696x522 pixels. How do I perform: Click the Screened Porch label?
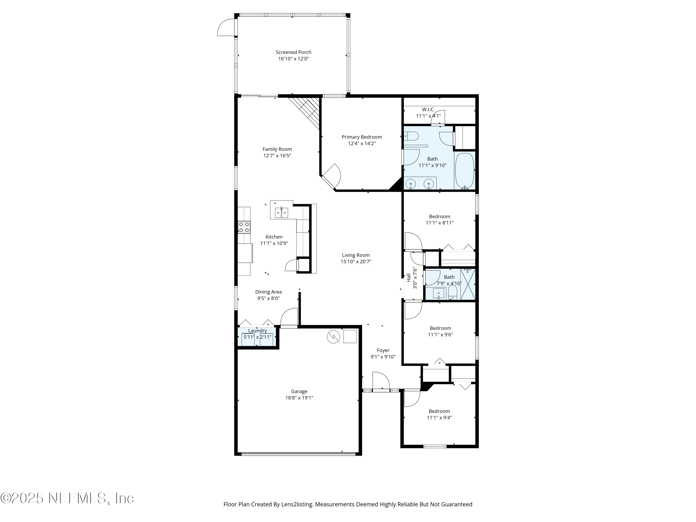[x=293, y=52]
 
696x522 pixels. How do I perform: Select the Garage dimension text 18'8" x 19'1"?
[x=299, y=398]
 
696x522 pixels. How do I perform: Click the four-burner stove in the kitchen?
[x=244, y=227]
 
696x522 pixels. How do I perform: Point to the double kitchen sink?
[x=281, y=213]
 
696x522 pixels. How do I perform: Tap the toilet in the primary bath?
[x=412, y=136]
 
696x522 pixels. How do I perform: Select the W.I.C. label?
[x=428, y=110]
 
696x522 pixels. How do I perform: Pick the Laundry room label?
[x=257, y=331]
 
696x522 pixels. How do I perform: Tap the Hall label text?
[x=408, y=277]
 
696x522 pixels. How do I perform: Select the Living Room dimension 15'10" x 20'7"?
[x=356, y=261]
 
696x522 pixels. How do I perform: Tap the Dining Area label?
[x=268, y=292]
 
